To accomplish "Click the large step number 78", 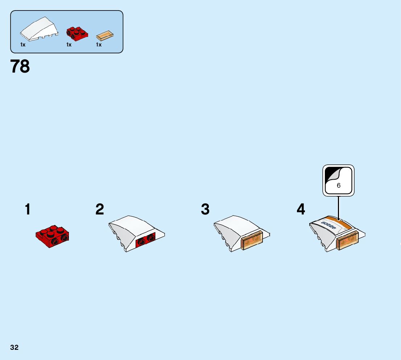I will click(20, 66).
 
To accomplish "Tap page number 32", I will click(14, 347).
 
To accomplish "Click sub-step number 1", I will click(28, 209).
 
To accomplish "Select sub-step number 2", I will click(100, 209).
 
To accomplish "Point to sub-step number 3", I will click(205, 209).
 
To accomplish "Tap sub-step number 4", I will click(301, 209).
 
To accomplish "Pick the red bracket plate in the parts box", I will click(77, 33).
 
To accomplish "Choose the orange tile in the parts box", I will click(106, 36).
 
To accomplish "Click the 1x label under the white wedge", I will click(23, 45).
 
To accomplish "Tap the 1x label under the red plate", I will click(69, 45).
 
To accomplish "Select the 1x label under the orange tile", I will click(99, 45).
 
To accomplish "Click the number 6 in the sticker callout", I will click(339, 185).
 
